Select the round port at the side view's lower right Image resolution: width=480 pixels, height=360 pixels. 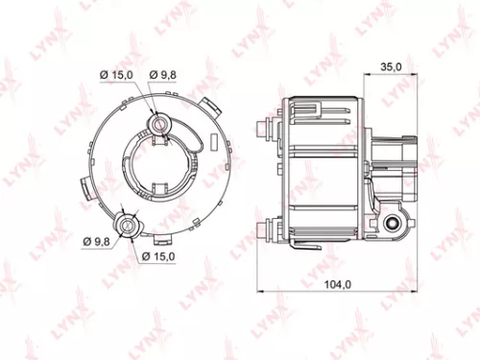click(393, 226)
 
